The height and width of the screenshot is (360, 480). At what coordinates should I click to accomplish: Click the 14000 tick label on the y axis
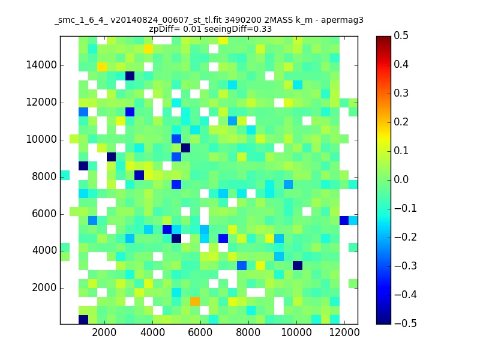pos(41,65)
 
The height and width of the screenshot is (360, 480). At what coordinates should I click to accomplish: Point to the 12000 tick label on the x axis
pos(344,332)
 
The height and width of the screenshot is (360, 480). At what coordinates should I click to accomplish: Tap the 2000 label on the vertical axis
pos(44,288)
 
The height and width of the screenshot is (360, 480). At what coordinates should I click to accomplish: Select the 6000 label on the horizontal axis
pos(200,332)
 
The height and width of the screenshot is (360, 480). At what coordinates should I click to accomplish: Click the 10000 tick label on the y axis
pos(41,140)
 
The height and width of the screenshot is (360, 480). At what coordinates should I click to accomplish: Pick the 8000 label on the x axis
pos(248,332)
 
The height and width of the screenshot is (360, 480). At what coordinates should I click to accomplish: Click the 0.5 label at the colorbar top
pos(401,35)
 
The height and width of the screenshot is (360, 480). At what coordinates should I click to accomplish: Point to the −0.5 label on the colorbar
pos(406,323)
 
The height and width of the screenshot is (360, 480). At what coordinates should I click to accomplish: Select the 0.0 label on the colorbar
pos(401,179)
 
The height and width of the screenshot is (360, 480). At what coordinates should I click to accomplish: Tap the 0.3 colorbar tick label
pos(401,93)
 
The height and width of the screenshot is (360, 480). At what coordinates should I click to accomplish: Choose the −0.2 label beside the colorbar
pos(406,237)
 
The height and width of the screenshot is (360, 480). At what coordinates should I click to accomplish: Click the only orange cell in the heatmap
pos(195,302)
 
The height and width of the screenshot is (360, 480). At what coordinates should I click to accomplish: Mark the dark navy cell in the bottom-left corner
pos(83,320)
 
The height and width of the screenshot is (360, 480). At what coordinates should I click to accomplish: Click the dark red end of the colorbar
pos(383,39)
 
